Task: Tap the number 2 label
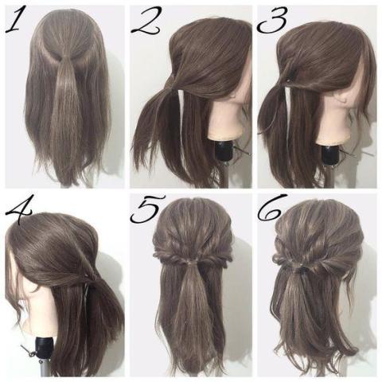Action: click(x=146, y=22)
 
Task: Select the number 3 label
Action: click(x=273, y=21)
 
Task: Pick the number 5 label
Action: click(x=147, y=209)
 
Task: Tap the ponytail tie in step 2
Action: click(x=173, y=85)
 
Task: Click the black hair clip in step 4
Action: click(x=86, y=289)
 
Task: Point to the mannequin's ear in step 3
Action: click(x=344, y=101)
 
